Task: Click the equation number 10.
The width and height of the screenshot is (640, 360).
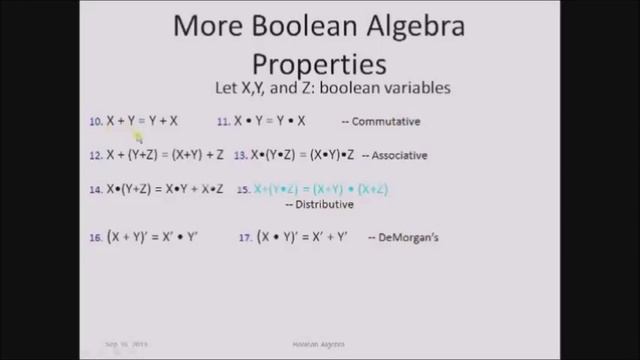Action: point(96,122)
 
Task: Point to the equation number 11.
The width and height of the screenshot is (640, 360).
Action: point(224,122)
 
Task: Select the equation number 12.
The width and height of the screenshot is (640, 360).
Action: point(96,155)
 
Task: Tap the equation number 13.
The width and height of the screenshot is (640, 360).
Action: point(240,155)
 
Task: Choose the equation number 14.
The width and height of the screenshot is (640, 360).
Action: point(96,189)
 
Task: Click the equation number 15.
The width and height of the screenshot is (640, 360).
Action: point(242,189)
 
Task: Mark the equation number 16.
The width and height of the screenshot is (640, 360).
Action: point(96,238)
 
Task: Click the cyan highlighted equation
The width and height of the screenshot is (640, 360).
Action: point(321,189)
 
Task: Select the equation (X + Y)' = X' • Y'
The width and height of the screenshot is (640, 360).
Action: point(153,238)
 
